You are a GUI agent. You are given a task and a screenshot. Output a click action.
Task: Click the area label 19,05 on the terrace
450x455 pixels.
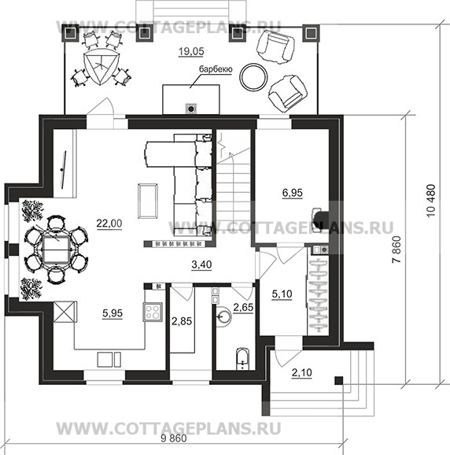click(191, 51)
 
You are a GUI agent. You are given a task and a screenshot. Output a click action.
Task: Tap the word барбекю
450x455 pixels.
click(216, 69)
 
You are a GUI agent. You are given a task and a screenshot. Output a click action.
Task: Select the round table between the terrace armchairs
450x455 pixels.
click(253, 76)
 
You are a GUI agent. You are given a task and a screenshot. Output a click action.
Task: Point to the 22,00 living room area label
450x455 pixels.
click(109, 224)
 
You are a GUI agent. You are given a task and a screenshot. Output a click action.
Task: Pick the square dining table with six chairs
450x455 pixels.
click(57, 250)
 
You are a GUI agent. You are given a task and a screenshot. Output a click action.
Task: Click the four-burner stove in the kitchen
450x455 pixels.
click(153, 312)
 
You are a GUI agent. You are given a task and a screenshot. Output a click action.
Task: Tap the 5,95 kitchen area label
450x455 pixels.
click(112, 313)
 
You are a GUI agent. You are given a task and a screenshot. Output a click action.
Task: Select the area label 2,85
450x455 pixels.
click(182, 321)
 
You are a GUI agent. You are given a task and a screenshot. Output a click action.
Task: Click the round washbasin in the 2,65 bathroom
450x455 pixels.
click(224, 316)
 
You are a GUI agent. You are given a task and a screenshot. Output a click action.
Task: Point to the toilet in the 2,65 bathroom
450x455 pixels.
click(242, 358)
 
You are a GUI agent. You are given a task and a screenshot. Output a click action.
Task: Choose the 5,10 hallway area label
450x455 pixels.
click(282, 294)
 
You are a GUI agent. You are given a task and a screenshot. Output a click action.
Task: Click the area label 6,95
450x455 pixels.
click(293, 193)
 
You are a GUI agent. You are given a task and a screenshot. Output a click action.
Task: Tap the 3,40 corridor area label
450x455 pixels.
click(202, 265)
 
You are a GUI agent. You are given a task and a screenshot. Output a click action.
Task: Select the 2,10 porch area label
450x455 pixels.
click(302, 372)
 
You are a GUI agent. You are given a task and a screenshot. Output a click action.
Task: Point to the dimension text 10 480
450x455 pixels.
click(431, 201)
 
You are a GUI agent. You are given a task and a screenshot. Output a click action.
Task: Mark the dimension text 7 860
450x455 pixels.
click(397, 250)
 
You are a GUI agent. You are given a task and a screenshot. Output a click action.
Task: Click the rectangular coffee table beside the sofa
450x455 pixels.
click(148, 201)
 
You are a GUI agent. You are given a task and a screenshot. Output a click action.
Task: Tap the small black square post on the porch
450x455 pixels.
click(339, 380)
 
